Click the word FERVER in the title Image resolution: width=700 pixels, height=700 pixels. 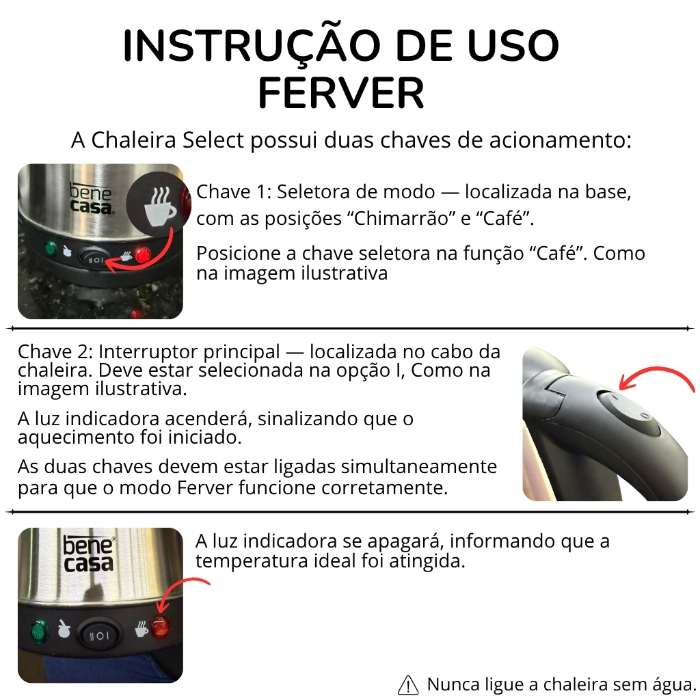[x=341, y=93]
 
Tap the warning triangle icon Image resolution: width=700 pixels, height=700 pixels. [x=407, y=685]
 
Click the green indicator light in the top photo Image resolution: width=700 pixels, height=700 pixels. [x=51, y=247]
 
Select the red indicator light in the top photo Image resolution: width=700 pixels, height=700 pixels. [x=144, y=256]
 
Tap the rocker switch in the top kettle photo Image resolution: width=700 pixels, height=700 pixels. [x=95, y=257]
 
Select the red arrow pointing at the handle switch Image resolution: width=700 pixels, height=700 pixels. [x=654, y=372]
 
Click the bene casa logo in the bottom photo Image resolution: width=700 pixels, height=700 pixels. [x=90, y=554]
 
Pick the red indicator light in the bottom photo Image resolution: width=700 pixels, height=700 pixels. [x=160, y=626]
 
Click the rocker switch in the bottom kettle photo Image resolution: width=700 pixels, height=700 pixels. [x=100, y=635]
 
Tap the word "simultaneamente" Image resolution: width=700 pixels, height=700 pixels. [x=419, y=466]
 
